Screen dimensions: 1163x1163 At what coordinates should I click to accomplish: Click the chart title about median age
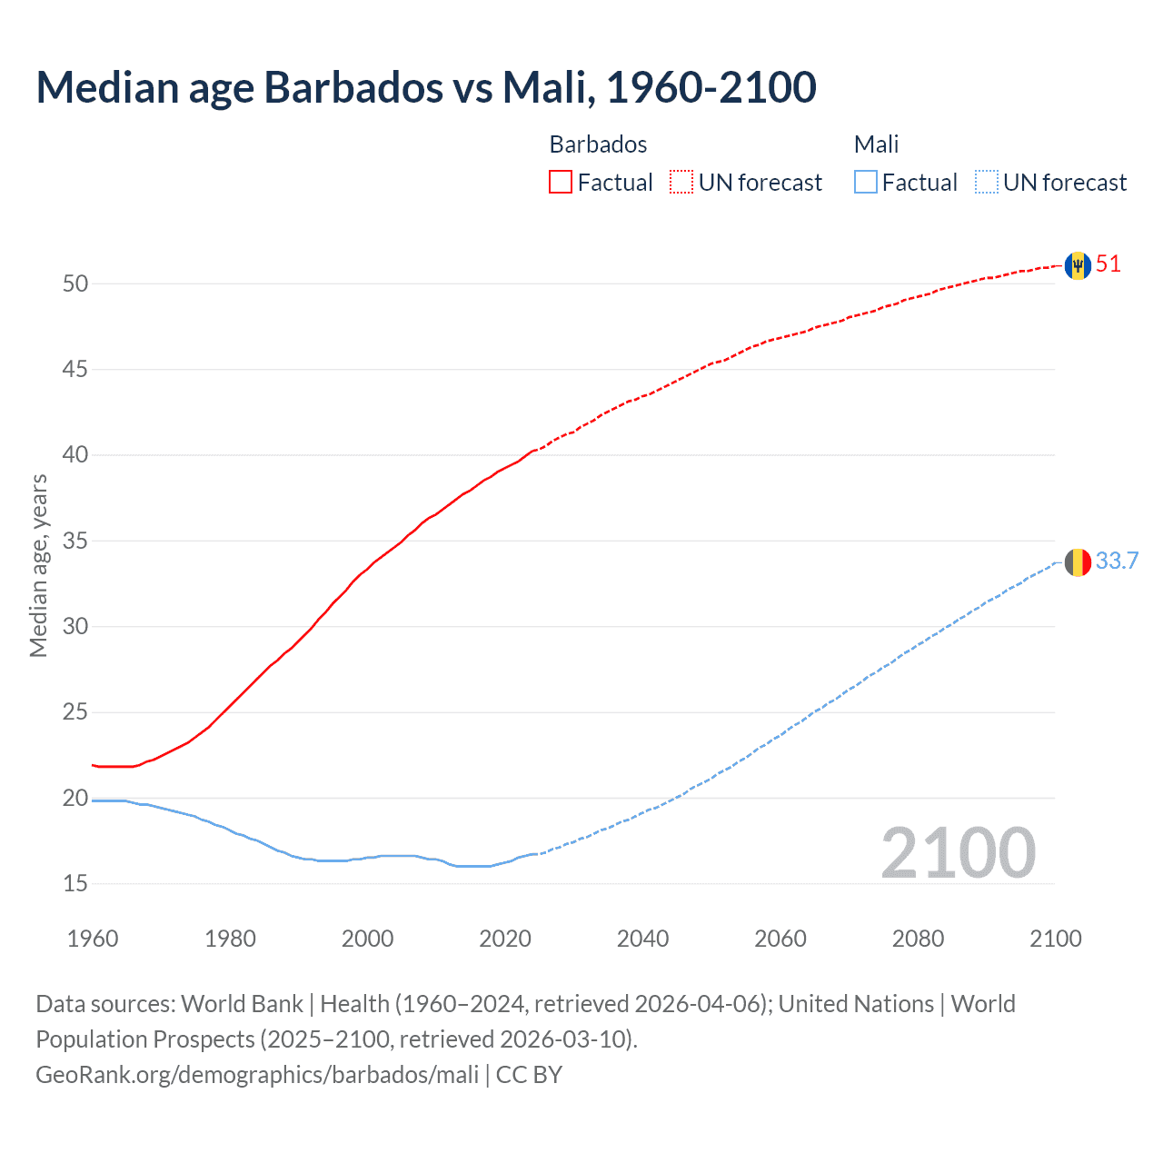(x=426, y=87)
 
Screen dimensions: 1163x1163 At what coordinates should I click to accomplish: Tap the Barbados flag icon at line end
(x=1078, y=265)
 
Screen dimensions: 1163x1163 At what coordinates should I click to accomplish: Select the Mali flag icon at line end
(x=1078, y=562)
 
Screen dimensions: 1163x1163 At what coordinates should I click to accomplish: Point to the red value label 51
(x=1108, y=264)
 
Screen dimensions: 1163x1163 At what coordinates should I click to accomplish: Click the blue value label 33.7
(x=1117, y=562)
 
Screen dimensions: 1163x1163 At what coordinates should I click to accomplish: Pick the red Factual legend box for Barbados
(x=561, y=183)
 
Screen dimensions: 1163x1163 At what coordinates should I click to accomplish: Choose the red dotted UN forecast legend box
(x=681, y=183)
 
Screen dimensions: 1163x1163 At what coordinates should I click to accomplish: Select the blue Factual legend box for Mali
(x=866, y=183)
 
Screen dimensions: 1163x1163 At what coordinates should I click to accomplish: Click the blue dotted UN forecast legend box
(x=987, y=183)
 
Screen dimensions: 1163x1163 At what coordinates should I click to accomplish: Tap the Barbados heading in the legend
(x=598, y=144)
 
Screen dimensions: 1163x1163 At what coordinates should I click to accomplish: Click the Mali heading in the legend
(x=876, y=144)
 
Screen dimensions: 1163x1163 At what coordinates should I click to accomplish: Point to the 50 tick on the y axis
(x=75, y=283)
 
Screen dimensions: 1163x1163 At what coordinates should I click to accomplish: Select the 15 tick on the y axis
(x=75, y=883)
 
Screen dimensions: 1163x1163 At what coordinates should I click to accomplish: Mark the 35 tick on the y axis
(x=75, y=541)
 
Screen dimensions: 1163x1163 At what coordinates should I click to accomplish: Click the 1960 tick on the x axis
(x=93, y=939)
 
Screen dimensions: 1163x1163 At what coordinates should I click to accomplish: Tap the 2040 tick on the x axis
(x=642, y=939)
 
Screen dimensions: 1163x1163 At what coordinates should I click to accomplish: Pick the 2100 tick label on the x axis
(x=1055, y=939)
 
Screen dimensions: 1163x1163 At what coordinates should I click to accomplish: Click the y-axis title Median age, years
(x=38, y=565)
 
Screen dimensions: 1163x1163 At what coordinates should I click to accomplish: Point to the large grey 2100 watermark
(x=958, y=853)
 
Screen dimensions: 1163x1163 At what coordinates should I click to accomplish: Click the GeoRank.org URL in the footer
(x=257, y=1075)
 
